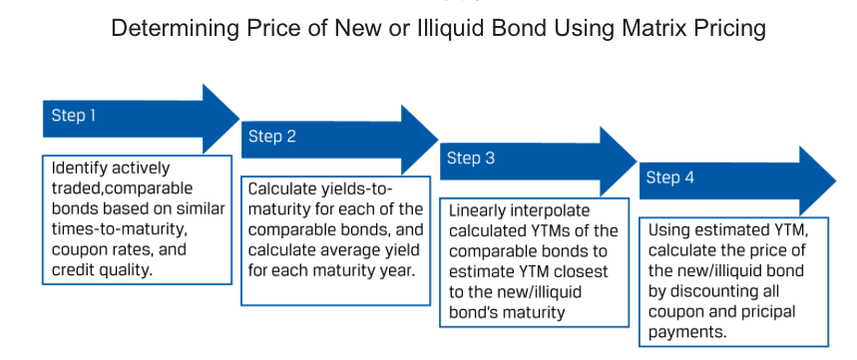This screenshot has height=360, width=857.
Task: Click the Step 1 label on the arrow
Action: pos(73,116)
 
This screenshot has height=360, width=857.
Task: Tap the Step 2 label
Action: pos(272,137)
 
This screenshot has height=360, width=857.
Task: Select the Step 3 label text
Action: pos(471,159)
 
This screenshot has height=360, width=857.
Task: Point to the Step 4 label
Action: pos(670,179)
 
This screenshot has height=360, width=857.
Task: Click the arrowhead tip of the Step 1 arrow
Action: pos(239,118)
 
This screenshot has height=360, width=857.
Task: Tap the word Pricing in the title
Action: pos(729,28)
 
